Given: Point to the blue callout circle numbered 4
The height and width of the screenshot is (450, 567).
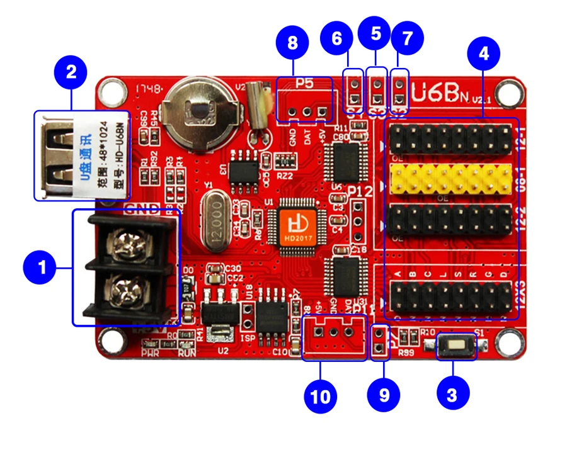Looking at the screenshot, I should [483, 55].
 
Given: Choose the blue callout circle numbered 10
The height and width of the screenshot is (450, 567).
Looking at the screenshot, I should [321, 397].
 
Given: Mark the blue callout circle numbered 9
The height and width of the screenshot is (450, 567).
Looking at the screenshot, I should [384, 395].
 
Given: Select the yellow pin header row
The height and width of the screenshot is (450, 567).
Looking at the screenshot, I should [451, 179].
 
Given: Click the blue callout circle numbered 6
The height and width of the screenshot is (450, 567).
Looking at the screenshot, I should [337, 38].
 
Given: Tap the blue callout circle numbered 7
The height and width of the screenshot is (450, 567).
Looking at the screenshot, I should [407, 38].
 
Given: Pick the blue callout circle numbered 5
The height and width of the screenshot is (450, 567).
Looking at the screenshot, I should [375, 34].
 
